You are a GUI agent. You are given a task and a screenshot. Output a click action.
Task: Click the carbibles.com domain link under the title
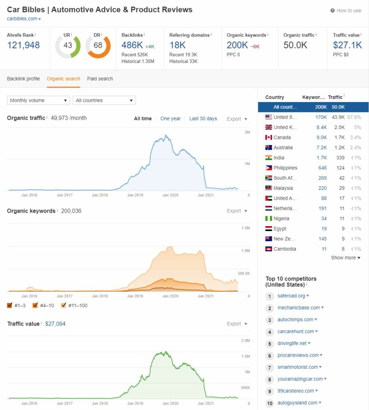[x=22, y=18]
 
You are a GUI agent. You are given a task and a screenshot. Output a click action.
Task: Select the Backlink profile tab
[x=23, y=79]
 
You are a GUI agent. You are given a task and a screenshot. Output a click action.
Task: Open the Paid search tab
[x=100, y=79]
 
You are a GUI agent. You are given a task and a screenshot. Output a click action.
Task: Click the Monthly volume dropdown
[x=39, y=100]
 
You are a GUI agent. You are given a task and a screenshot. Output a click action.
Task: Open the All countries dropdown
[x=104, y=100]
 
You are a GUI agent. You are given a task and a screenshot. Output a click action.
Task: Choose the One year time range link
[x=170, y=119]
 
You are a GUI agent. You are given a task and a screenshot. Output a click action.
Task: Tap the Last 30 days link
[x=203, y=119]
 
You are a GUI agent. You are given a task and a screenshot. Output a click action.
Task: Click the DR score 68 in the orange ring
[x=98, y=45]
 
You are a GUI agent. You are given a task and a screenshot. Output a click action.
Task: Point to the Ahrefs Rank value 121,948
[x=23, y=45]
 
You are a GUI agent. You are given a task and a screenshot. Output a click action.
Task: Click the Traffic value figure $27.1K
[x=347, y=45]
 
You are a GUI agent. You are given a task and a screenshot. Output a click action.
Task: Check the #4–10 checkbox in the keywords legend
[x=35, y=305]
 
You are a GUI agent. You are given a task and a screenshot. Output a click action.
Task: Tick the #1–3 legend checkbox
[x=10, y=305]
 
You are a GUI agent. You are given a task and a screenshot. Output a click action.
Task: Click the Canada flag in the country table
[x=268, y=138]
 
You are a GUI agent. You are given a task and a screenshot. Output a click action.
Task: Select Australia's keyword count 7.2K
[x=322, y=148]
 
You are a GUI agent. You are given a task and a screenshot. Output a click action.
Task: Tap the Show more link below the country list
[x=345, y=258]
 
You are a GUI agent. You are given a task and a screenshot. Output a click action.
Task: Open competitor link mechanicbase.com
[x=298, y=308]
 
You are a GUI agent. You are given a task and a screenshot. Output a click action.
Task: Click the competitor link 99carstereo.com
[x=296, y=391]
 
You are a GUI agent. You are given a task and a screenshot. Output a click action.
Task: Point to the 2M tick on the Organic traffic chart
[x=247, y=132]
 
